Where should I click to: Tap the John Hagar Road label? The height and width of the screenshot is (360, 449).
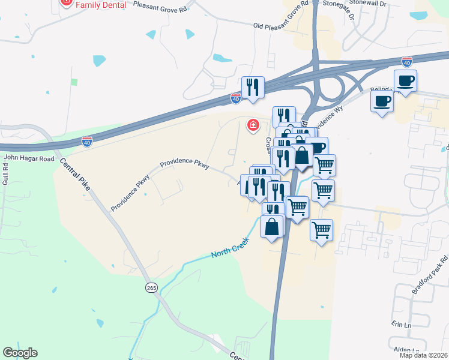(29, 159)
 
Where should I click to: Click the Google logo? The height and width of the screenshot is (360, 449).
(20, 353)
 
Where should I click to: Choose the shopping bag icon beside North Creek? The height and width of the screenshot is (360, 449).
(272, 227)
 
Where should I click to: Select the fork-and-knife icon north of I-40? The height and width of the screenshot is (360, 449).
(253, 87)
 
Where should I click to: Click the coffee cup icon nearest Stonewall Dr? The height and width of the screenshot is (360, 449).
(405, 80)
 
